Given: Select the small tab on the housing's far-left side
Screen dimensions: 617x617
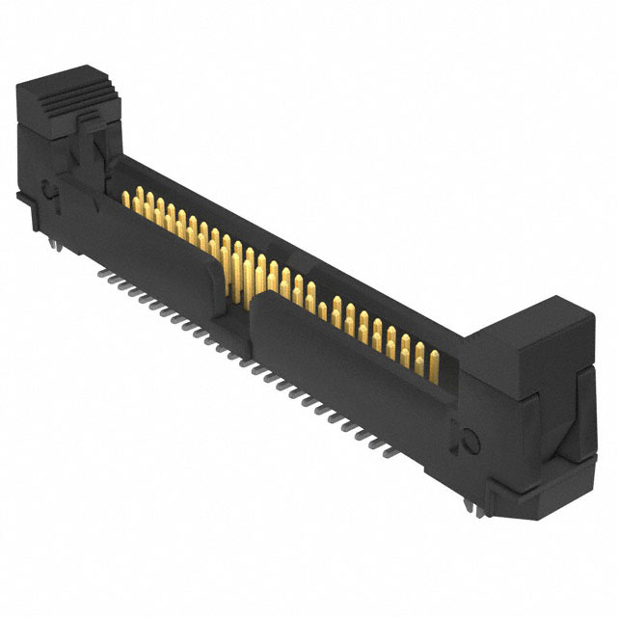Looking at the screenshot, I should (x=21, y=198).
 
